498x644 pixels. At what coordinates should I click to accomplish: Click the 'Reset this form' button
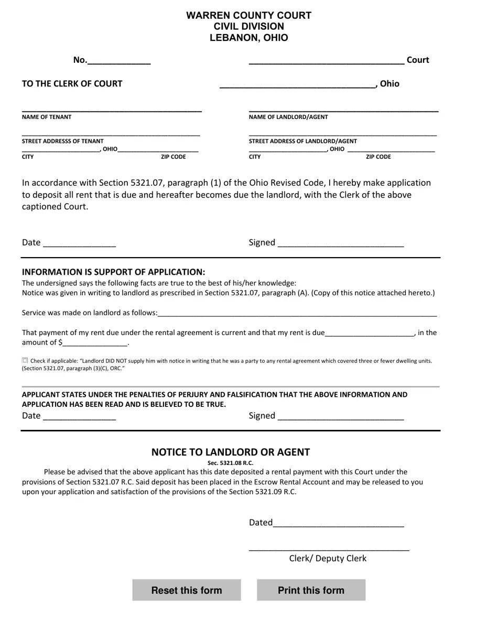tap(187, 590)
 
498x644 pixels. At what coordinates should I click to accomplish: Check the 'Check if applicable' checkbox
tap(25, 360)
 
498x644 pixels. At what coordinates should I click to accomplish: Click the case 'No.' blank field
tap(119, 61)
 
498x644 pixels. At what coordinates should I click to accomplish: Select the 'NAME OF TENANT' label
tap(47, 117)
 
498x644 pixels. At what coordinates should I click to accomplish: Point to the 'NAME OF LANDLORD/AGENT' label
tap(288, 117)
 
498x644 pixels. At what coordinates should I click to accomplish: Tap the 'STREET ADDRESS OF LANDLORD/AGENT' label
tap(302, 141)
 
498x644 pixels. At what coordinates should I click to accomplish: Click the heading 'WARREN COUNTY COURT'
tap(248, 15)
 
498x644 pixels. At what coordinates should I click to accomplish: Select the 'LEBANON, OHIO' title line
tap(248, 38)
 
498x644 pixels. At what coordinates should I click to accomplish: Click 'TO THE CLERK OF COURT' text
tap(72, 84)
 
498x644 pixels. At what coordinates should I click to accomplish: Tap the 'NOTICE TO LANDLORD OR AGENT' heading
tap(231, 452)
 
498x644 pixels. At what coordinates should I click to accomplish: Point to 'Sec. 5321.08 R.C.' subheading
tap(230, 463)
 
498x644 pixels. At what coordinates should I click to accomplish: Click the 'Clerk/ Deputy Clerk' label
tap(328, 558)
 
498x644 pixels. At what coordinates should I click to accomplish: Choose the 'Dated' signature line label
tap(261, 523)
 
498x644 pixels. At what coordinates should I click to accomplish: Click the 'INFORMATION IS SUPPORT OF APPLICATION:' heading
tap(113, 272)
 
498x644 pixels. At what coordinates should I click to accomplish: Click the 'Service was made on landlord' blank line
tap(297, 313)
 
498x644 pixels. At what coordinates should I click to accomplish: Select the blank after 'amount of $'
tap(95, 343)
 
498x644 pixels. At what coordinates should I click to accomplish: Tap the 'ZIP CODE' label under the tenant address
tap(173, 157)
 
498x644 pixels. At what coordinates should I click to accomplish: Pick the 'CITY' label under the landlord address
tap(254, 157)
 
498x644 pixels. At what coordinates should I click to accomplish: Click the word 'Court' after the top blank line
tap(418, 60)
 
